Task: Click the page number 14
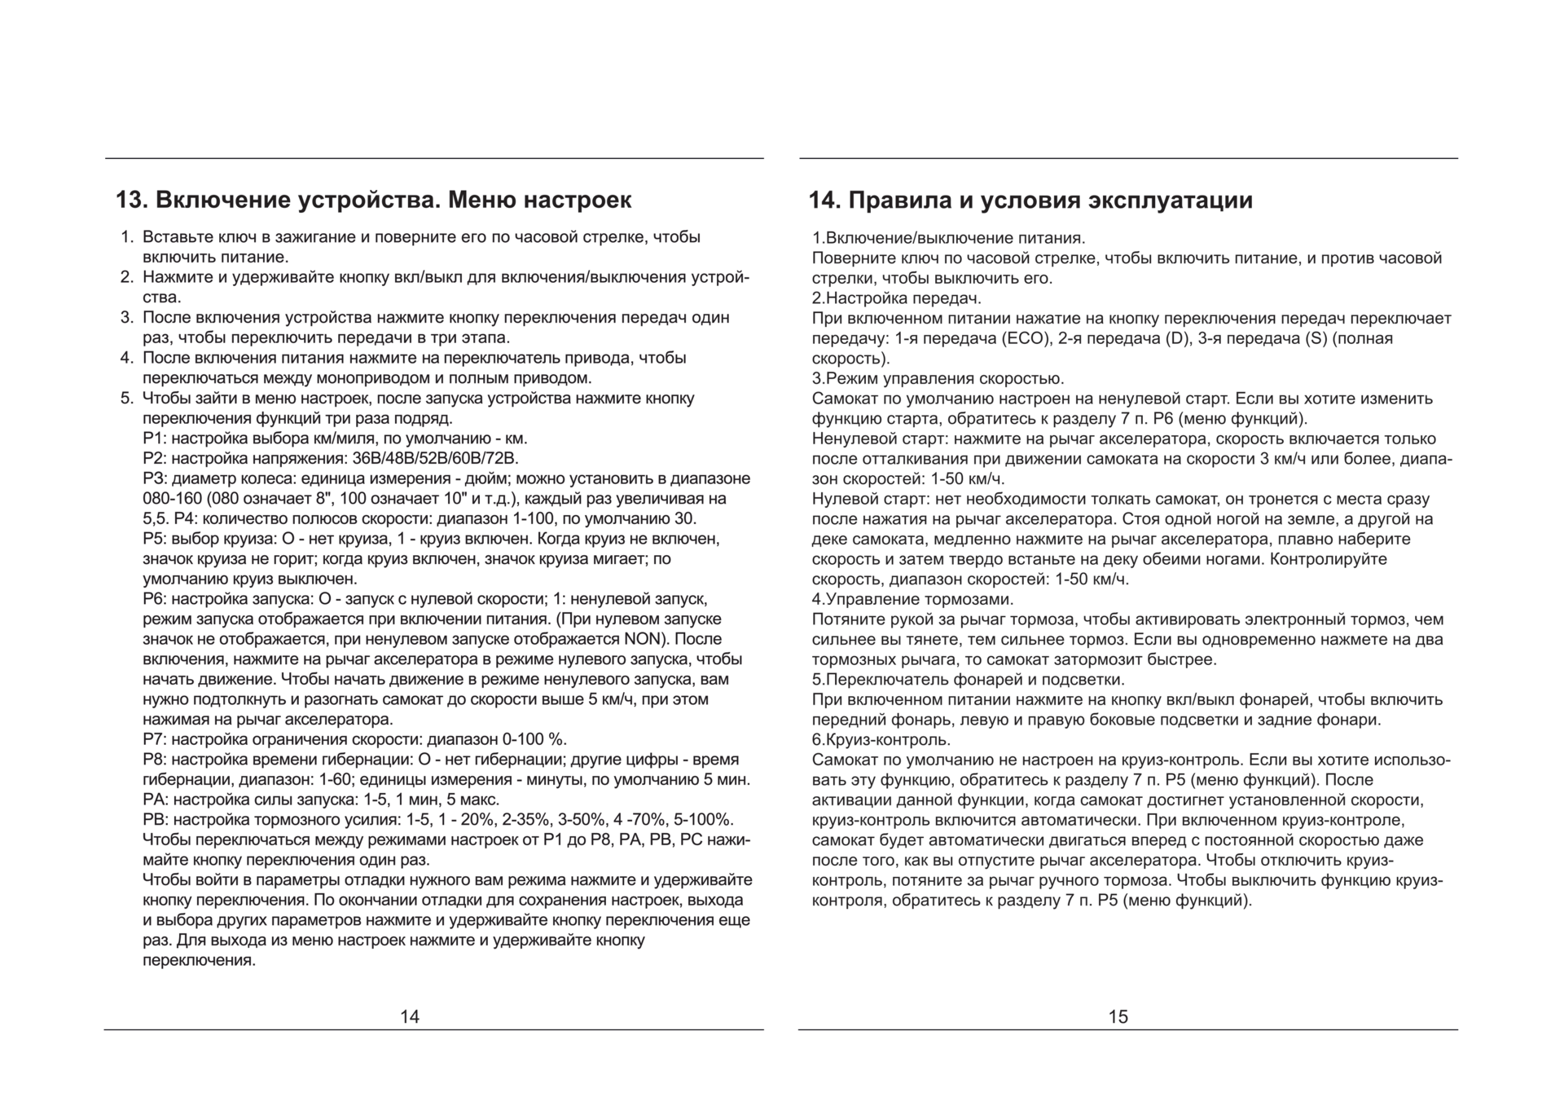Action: pyautogui.click(x=410, y=1016)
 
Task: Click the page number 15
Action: pyautogui.click(x=1118, y=1016)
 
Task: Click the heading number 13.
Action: pyautogui.click(x=130, y=200)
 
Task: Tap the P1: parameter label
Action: pyautogui.click(x=155, y=438)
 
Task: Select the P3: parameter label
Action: pyautogui.click(x=155, y=478)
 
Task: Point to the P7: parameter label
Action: pyautogui.click(x=155, y=739)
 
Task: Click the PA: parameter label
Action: pyautogui.click(x=156, y=800)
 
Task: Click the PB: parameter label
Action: pyautogui.click(x=156, y=819)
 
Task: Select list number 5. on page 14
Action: pyautogui.click(x=127, y=399)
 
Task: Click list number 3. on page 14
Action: pyautogui.click(x=127, y=318)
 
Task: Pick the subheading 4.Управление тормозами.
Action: pyautogui.click(x=912, y=599)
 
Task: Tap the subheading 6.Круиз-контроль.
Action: pyautogui.click(x=881, y=740)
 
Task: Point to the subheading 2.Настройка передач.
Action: pyautogui.click(x=896, y=298)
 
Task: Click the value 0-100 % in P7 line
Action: pyautogui.click(x=534, y=739)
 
